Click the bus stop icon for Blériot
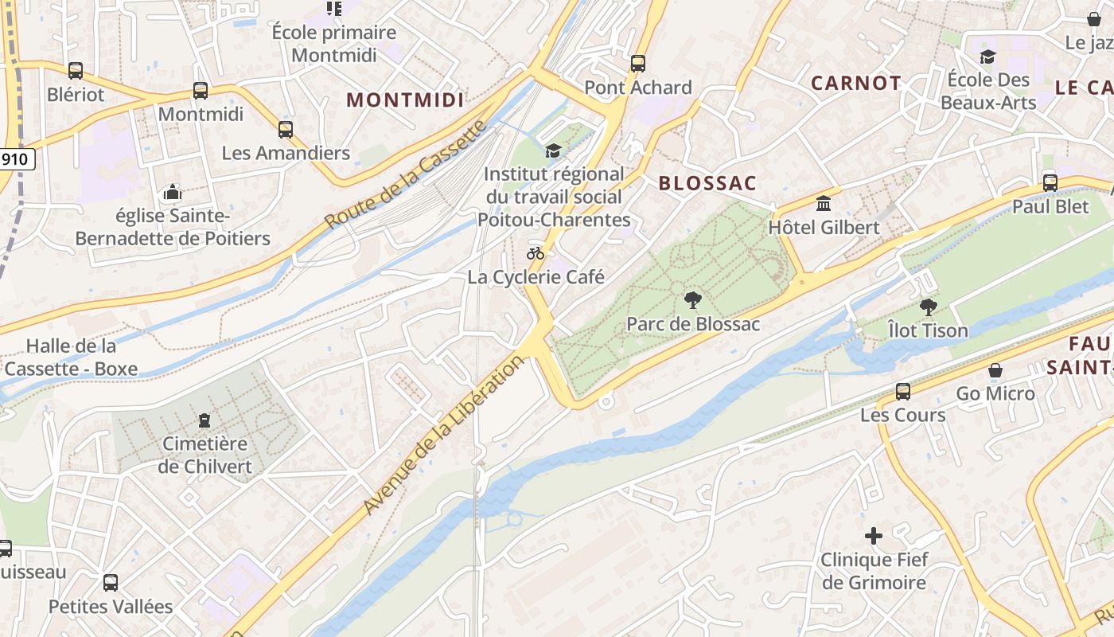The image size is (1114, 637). pyautogui.click(x=76, y=71)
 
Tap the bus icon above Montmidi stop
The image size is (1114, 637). pyautogui.click(x=201, y=91)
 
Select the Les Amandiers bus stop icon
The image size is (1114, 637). pyautogui.click(x=286, y=129)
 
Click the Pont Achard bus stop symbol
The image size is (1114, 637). pyautogui.click(x=637, y=64)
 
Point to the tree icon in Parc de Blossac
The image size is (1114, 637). pyautogui.click(x=693, y=300)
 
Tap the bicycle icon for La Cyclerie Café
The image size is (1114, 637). pyautogui.click(x=536, y=253)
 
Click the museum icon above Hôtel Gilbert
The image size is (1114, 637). pyautogui.click(x=824, y=203)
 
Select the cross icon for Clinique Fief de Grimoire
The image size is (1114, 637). pyautogui.click(x=874, y=536)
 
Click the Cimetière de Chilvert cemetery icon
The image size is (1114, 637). pyautogui.click(x=204, y=420)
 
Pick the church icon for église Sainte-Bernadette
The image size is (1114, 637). pyautogui.click(x=172, y=192)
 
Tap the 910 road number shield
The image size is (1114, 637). pyautogui.click(x=15, y=159)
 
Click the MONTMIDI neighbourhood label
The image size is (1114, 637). pyautogui.click(x=405, y=100)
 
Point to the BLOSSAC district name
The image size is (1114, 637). pyautogui.click(x=707, y=183)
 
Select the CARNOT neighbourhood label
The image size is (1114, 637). pyautogui.click(x=855, y=83)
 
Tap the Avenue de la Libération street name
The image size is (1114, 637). pyautogui.click(x=443, y=435)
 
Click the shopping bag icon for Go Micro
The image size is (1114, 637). pyautogui.click(x=995, y=370)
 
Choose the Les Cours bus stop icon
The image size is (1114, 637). pyautogui.click(x=903, y=391)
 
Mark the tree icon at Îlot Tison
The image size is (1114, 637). pyautogui.click(x=928, y=307)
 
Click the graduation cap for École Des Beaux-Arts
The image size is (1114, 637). pyautogui.click(x=988, y=57)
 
